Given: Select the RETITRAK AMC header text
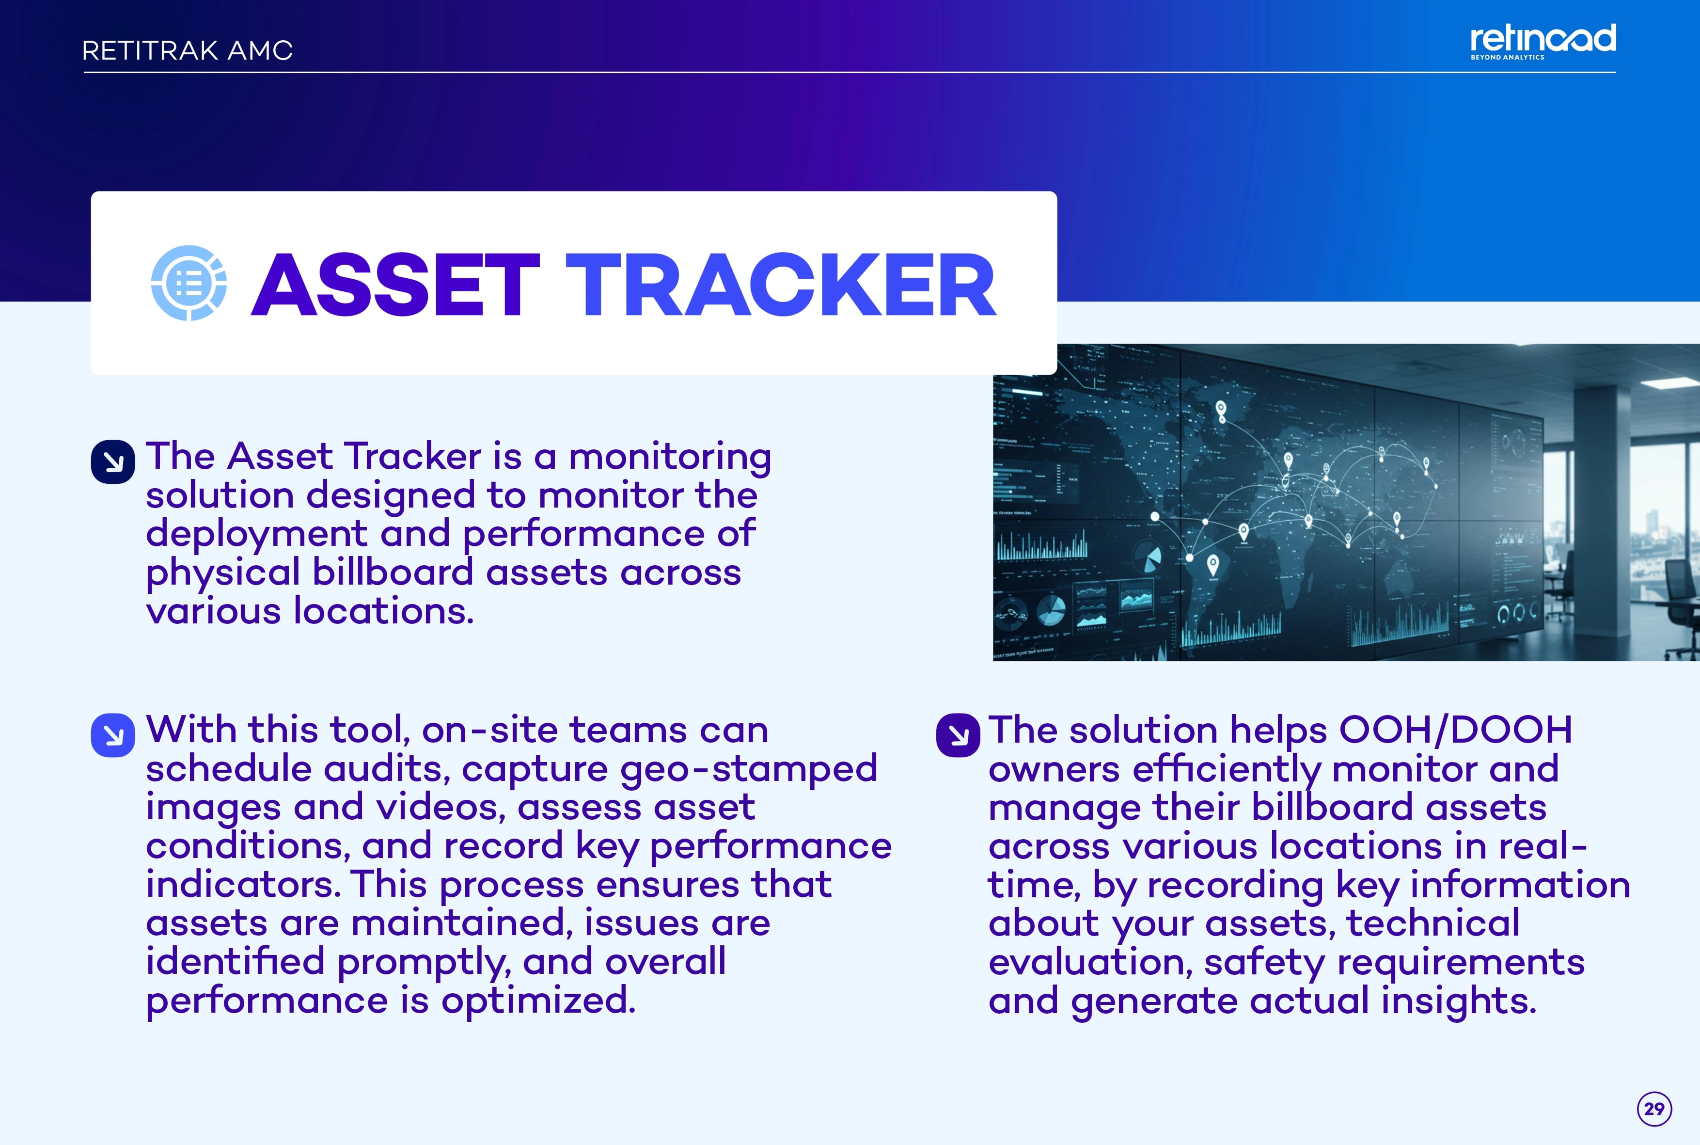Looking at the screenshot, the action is [x=188, y=50].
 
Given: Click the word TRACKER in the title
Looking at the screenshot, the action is [x=781, y=284].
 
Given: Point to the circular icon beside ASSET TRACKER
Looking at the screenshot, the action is [x=189, y=283].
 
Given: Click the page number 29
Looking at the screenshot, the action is [x=1654, y=1109].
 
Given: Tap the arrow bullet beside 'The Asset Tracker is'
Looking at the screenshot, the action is [x=113, y=461].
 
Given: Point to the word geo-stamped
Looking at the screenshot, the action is [x=748, y=770].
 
